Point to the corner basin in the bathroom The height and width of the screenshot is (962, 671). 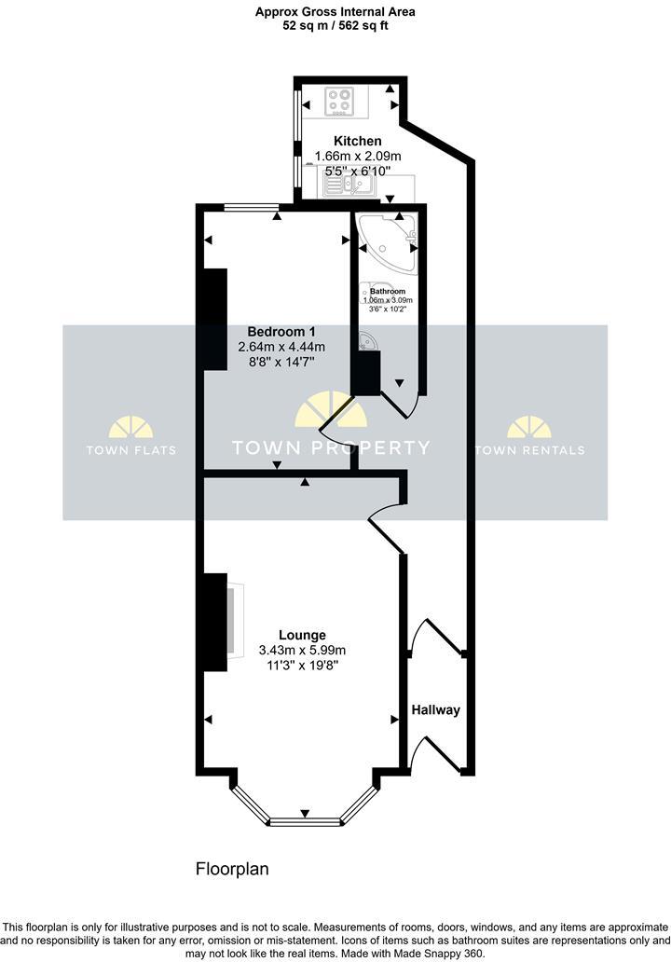click(369, 345)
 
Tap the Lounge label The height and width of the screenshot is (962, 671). click(302, 635)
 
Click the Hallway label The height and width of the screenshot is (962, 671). click(436, 710)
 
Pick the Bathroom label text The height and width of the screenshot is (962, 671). click(387, 291)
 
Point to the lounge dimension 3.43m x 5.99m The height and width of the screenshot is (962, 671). click(302, 650)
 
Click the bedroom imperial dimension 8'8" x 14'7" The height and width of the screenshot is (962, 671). click(275, 362)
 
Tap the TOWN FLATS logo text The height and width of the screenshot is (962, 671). click(130, 449)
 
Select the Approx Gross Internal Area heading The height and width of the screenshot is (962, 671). click(335, 12)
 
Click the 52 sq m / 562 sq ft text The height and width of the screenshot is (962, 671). click(335, 26)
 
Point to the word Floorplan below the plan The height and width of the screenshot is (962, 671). click(232, 869)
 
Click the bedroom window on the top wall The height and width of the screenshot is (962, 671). click(252, 208)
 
